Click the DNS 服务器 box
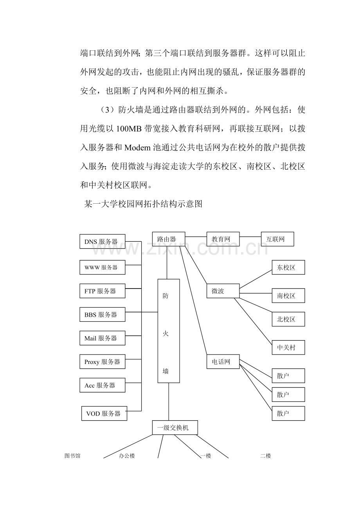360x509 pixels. (x=102, y=242)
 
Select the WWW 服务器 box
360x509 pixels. (x=102, y=267)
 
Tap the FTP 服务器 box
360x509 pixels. (x=102, y=291)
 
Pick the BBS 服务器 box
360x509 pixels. (x=102, y=314)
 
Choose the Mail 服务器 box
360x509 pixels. (x=102, y=338)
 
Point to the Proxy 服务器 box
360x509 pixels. (x=102, y=362)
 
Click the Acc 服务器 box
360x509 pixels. (x=102, y=385)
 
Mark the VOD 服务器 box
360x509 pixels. (x=104, y=413)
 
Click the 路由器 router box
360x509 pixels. (x=168, y=239)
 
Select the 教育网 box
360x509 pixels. (x=223, y=239)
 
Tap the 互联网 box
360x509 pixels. (x=277, y=239)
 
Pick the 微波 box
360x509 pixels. (x=223, y=291)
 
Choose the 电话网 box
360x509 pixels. (x=223, y=362)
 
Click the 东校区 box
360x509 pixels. (x=288, y=267)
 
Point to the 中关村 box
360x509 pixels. (x=288, y=347)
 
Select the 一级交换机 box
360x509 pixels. (x=175, y=427)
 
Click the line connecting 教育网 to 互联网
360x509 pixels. (x=250, y=237)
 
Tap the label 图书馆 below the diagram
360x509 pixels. (x=72, y=456)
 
